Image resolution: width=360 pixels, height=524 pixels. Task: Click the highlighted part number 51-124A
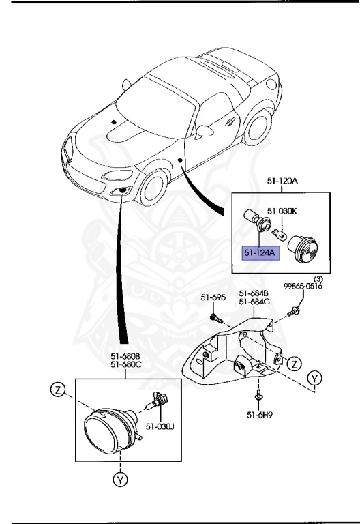tap(259, 252)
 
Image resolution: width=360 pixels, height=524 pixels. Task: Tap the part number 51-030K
tap(281, 211)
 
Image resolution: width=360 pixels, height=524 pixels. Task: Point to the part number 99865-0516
tap(303, 287)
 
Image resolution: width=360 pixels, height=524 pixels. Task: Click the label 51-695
tap(213, 297)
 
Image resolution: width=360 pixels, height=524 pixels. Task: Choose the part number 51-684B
tap(253, 293)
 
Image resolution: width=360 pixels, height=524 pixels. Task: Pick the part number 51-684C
tap(253, 301)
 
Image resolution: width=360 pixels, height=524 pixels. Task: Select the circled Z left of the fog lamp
tap(58, 391)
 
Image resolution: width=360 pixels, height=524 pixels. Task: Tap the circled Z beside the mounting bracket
tap(293, 363)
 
